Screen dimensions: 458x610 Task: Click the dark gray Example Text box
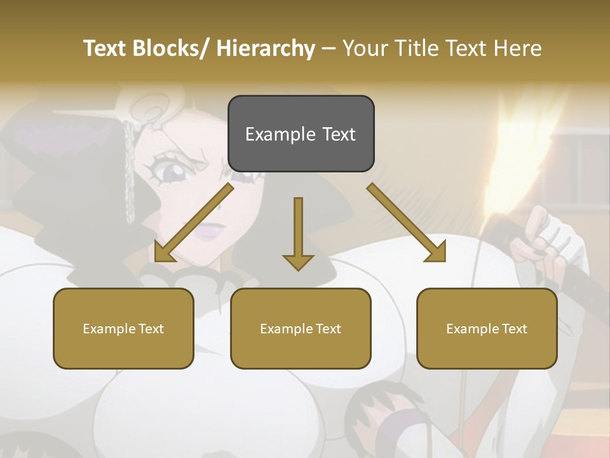(x=301, y=134)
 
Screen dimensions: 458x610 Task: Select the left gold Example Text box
(x=123, y=328)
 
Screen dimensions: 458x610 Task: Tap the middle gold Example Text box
(x=301, y=328)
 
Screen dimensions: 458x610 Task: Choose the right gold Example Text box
(x=487, y=328)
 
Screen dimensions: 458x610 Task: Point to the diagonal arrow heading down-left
(x=193, y=223)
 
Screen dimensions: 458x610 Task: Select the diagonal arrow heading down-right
(x=407, y=223)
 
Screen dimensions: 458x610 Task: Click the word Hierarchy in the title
(x=266, y=48)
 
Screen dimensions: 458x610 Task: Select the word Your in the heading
(x=364, y=48)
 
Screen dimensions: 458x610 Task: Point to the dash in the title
(x=329, y=48)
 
